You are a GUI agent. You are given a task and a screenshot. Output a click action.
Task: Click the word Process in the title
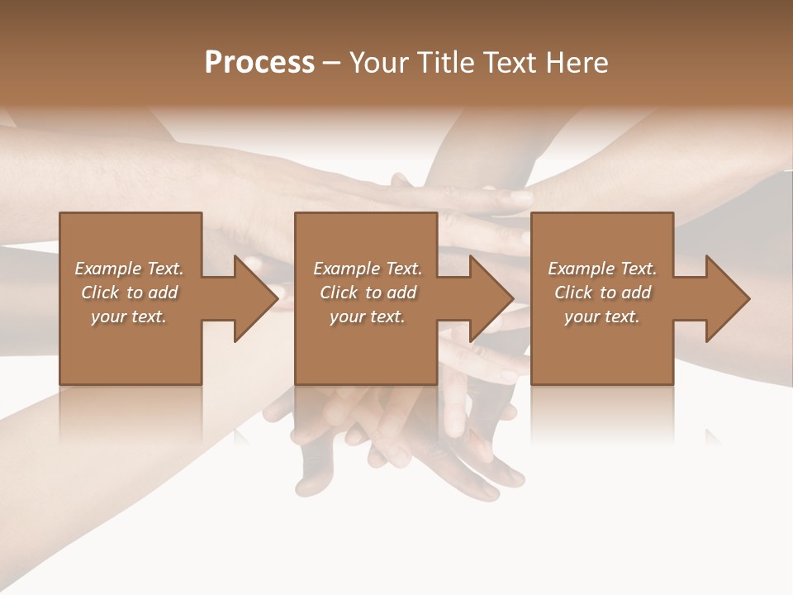click(x=259, y=63)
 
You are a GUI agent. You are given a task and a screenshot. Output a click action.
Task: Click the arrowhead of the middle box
click(x=491, y=298)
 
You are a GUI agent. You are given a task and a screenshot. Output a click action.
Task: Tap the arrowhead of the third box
click(x=727, y=298)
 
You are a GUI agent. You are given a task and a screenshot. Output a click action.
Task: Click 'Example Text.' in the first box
click(x=129, y=269)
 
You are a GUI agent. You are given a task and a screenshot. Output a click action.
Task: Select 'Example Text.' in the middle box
click(x=368, y=269)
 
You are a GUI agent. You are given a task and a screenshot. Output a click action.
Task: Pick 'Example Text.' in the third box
click(x=602, y=269)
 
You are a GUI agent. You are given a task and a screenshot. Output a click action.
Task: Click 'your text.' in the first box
click(x=129, y=317)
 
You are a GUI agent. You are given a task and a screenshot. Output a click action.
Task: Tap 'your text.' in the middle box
click(x=368, y=317)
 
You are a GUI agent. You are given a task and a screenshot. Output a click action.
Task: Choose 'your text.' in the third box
click(x=602, y=317)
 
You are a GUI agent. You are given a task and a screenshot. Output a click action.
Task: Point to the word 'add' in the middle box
click(x=401, y=293)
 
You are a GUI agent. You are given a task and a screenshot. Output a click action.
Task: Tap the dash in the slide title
click(x=332, y=63)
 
